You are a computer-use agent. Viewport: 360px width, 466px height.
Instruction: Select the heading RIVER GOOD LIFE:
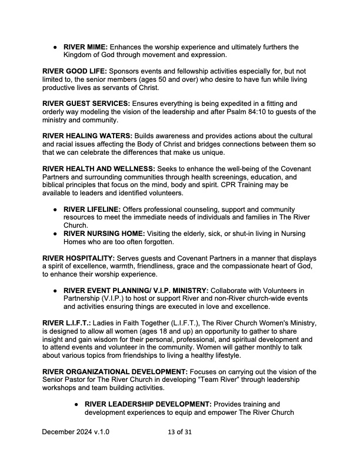point(73,71)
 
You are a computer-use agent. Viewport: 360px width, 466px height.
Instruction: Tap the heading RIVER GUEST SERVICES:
point(86,104)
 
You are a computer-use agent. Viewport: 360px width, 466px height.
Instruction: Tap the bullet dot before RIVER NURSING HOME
point(55,234)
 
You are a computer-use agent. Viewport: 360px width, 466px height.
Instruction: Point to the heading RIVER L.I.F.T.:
point(65,323)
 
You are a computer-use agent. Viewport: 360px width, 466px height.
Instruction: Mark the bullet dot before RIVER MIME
point(55,47)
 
